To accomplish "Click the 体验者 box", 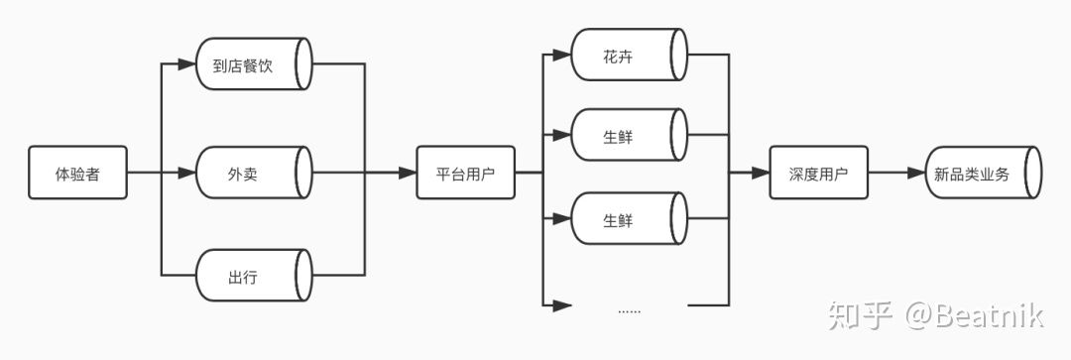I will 77,174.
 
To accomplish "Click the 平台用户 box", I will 465,174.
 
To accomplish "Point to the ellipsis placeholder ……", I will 629,309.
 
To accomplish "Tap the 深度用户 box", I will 818,174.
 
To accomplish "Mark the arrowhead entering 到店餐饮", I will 186,65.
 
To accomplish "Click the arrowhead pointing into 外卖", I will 186,174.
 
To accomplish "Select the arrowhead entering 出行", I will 186,275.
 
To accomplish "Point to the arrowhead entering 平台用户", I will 407,174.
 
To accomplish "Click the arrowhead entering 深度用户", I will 761,174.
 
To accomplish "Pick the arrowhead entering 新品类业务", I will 915,174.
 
